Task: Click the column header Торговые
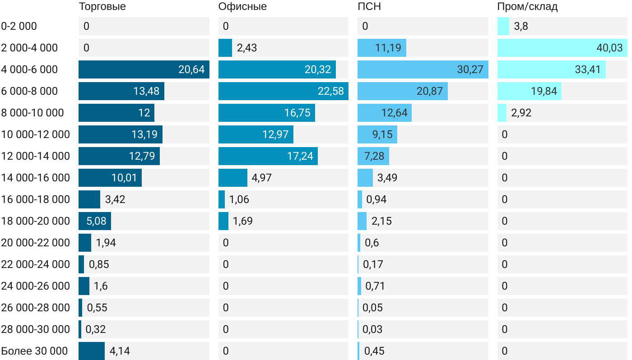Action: click(x=102, y=7)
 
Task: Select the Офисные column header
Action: click(x=242, y=7)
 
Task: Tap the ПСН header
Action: click(x=366, y=7)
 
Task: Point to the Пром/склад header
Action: click(x=527, y=7)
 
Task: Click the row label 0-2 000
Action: click(x=19, y=26)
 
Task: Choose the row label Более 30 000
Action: click(x=34, y=351)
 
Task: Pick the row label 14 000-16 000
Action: click(x=36, y=178)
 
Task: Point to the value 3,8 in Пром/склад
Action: click(x=521, y=26)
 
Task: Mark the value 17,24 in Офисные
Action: click(x=300, y=156)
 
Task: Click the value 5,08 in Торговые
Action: click(x=95, y=221)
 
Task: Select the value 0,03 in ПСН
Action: click(x=373, y=329)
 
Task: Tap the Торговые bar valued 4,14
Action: click(x=92, y=351)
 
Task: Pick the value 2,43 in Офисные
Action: click(x=247, y=48)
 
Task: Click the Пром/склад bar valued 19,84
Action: click(x=529, y=91)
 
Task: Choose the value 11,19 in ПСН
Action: click(x=388, y=48)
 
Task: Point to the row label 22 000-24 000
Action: click(x=36, y=264)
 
